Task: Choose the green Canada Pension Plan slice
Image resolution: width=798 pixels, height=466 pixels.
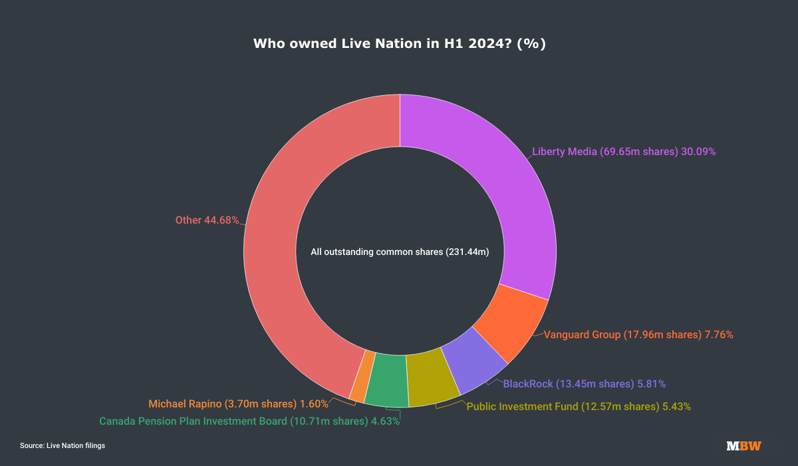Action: coord(387,380)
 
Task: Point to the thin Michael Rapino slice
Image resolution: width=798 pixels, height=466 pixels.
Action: coord(359,375)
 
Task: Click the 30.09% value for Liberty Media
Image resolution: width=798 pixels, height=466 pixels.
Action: coord(698,152)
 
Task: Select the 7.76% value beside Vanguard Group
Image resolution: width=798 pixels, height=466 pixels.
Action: coord(718,335)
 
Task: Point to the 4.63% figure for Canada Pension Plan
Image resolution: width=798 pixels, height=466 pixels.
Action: coord(385,421)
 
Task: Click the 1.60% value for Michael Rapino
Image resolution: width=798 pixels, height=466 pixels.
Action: coord(314,404)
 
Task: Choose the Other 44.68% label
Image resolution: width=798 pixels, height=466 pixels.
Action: coord(207,220)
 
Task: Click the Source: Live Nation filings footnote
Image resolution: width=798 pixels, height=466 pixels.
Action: coord(63,445)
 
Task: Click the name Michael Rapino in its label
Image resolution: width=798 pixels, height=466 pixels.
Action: coord(189,404)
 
